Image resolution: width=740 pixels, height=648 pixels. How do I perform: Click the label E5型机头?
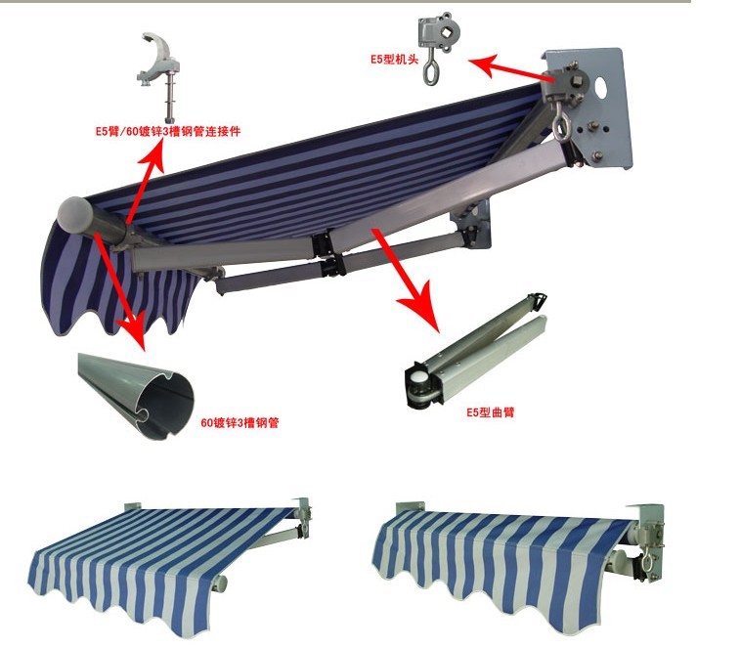[394, 60]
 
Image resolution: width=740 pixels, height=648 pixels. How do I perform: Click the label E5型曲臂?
[491, 412]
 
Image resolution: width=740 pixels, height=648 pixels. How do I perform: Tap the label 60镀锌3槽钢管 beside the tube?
[239, 422]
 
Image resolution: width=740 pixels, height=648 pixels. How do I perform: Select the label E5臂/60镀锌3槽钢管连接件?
[168, 131]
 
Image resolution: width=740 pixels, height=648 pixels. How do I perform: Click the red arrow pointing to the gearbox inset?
[508, 68]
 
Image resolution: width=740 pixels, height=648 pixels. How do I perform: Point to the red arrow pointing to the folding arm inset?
[406, 281]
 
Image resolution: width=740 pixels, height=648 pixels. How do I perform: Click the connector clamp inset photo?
[157, 76]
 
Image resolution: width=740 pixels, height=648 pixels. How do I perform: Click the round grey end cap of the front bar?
[75, 215]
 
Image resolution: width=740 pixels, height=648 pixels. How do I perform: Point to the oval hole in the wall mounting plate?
[601, 87]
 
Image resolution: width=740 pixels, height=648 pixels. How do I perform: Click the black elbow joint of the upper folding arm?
[322, 244]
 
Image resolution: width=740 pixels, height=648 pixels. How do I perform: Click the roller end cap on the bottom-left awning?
[220, 583]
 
